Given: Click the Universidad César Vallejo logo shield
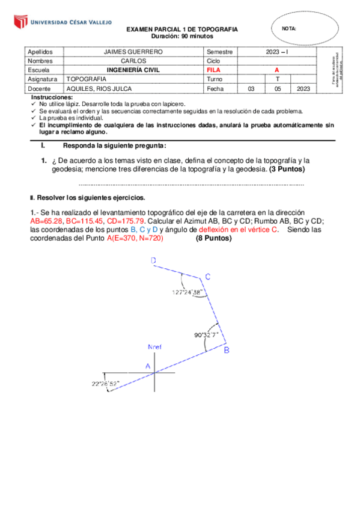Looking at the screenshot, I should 20,23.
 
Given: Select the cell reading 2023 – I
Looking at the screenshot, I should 277,52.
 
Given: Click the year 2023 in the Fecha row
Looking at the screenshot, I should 303,88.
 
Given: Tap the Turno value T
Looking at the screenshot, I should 277,79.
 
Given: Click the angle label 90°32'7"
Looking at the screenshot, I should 206,335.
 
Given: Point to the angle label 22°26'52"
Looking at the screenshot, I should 106,383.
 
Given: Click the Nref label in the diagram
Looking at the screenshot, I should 155,348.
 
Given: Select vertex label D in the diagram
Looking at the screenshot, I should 154,261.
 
